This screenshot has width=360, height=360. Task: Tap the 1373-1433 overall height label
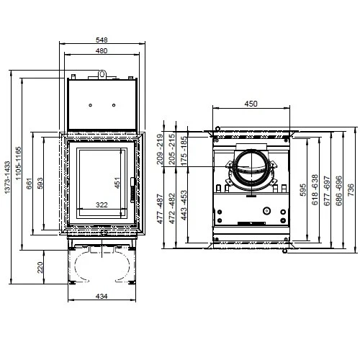8,179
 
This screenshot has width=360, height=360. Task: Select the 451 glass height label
117,184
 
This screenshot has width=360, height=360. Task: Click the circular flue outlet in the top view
250,171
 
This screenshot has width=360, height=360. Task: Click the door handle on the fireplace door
130,189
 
